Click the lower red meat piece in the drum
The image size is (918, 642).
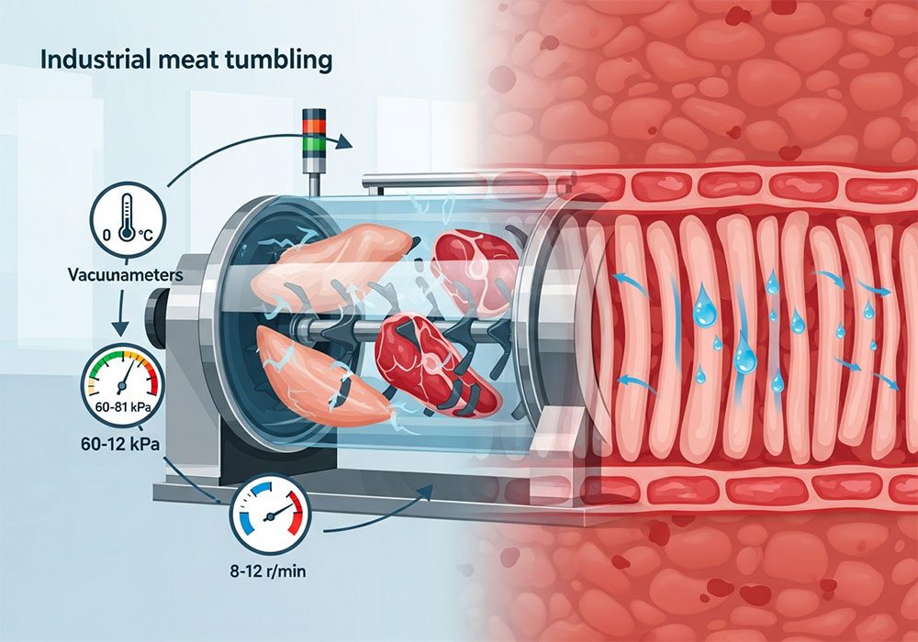(x=431, y=358)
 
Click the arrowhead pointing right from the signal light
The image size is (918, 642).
(x=344, y=142)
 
